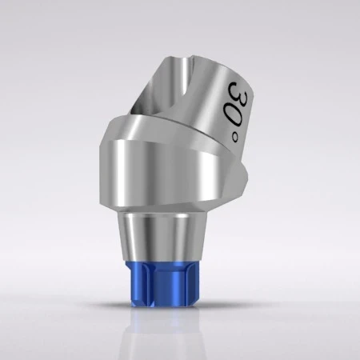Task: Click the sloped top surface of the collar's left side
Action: [x=120, y=132]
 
